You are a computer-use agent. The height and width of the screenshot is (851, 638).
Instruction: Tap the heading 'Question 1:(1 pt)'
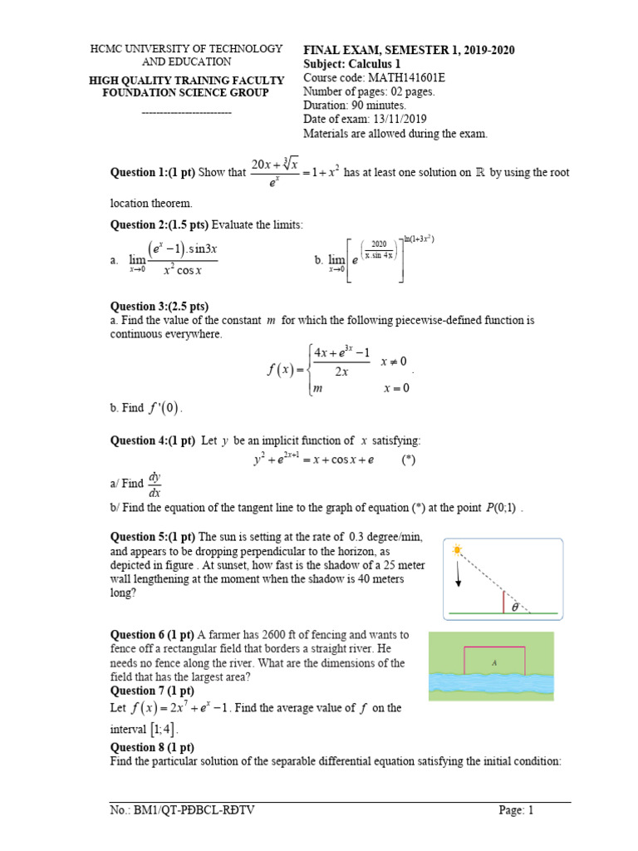(153, 173)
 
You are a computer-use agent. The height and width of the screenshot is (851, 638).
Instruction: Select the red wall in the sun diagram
(503, 601)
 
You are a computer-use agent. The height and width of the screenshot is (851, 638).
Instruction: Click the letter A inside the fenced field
(494, 662)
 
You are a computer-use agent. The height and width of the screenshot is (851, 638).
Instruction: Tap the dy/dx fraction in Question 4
(155, 485)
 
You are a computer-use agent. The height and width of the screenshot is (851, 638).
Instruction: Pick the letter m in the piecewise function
(316, 388)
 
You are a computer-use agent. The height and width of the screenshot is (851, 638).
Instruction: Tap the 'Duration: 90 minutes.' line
(355, 106)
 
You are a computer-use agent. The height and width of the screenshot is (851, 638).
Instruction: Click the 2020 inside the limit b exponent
(380, 244)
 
